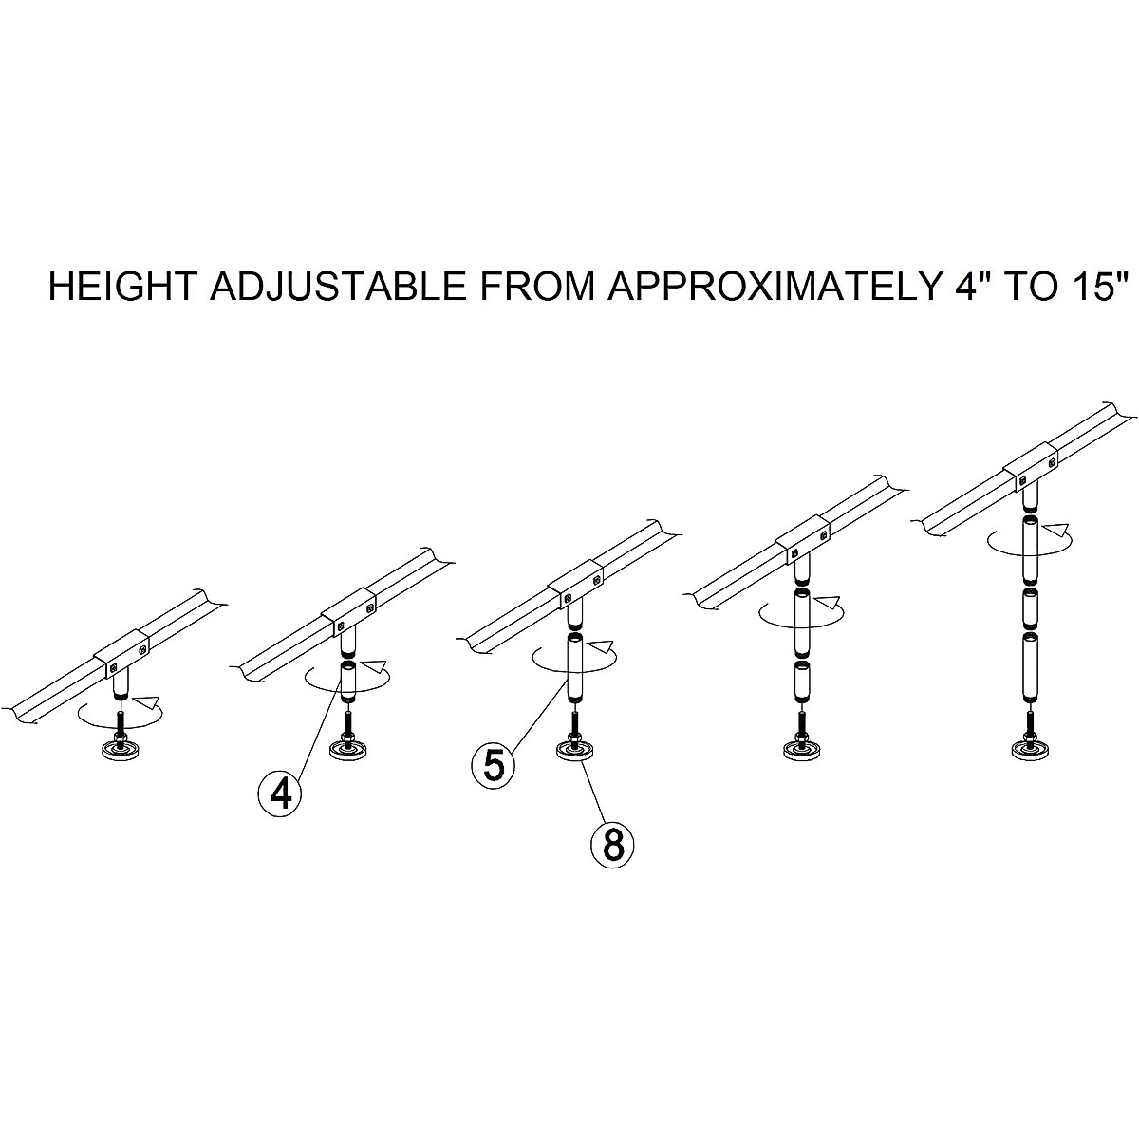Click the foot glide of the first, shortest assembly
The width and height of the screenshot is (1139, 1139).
click(x=119, y=751)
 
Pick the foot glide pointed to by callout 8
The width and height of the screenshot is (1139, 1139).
click(x=573, y=749)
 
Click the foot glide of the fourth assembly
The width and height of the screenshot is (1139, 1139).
click(x=800, y=749)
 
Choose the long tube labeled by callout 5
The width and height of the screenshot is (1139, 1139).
click(x=575, y=668)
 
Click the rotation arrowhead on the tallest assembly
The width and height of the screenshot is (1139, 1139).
click(x=1060, y=528)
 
